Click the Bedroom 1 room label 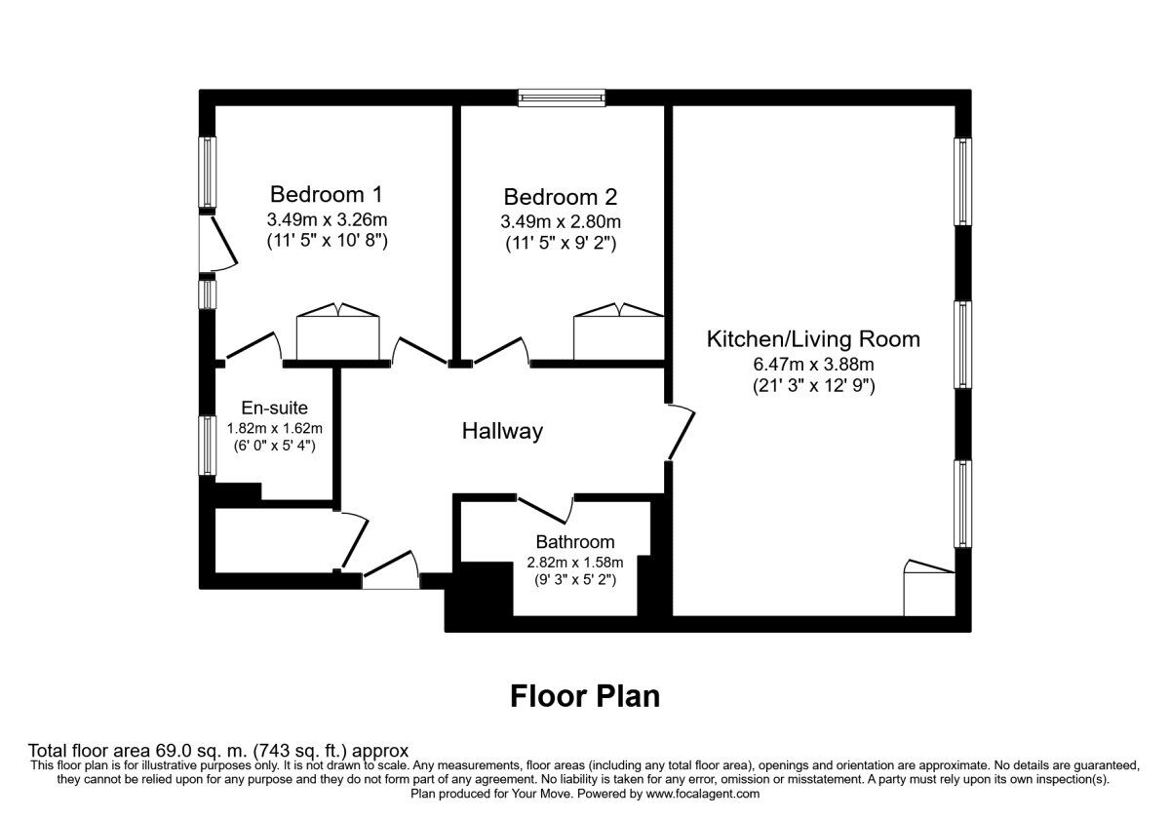pyautogui.click(x=327, y=194)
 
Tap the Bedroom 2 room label pyautogui.click(x=561, y=197)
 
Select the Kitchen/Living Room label pyautogui.click(x=813, y=339)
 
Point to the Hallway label pyautogui.click(x=502, y=431)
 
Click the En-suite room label pyautogui.click(x=274, y=408)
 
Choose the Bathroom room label pyautogui.click(x=575, y=542)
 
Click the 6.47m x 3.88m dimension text pyautogui.click(x=814, y=364)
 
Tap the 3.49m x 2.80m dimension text pyautogui.click(x=561, y=221)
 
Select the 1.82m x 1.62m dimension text pyautogui.click(x=274, y=428)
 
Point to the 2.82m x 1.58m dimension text pyautogui.click(x=575, y=563)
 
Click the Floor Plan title pyautogui.click(x=585, y=696)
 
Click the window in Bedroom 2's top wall pyautogui.click(x=562, y=97)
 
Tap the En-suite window pyautogui.click(x=208, y=446)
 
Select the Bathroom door pyautogui.click(x=546, y=510)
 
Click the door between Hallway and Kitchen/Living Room pyautogui.click(x=682, y=433)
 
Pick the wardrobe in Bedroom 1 pyautogui.click(x=338, y=331)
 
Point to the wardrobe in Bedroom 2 pyautogui.click(x=619, y=331)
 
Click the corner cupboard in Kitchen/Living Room pyautogui.click(x=929, y=588)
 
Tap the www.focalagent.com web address pyautogui.click(x=703, y=794)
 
